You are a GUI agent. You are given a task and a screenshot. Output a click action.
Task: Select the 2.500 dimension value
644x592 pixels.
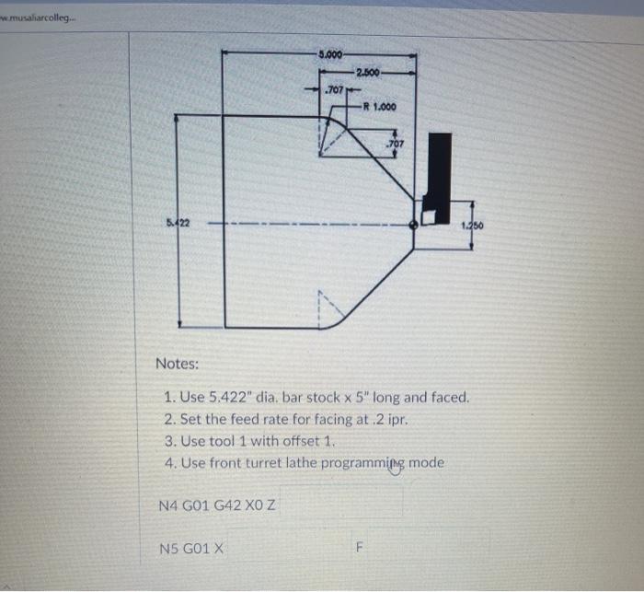coord(367,71)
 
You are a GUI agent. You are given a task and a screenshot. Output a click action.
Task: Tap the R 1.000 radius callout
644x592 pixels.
coord(380,107)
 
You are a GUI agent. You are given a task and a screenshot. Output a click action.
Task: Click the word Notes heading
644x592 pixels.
coord(177,364)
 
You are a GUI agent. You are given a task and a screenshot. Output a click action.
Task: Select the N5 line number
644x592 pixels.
coord(168,550)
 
